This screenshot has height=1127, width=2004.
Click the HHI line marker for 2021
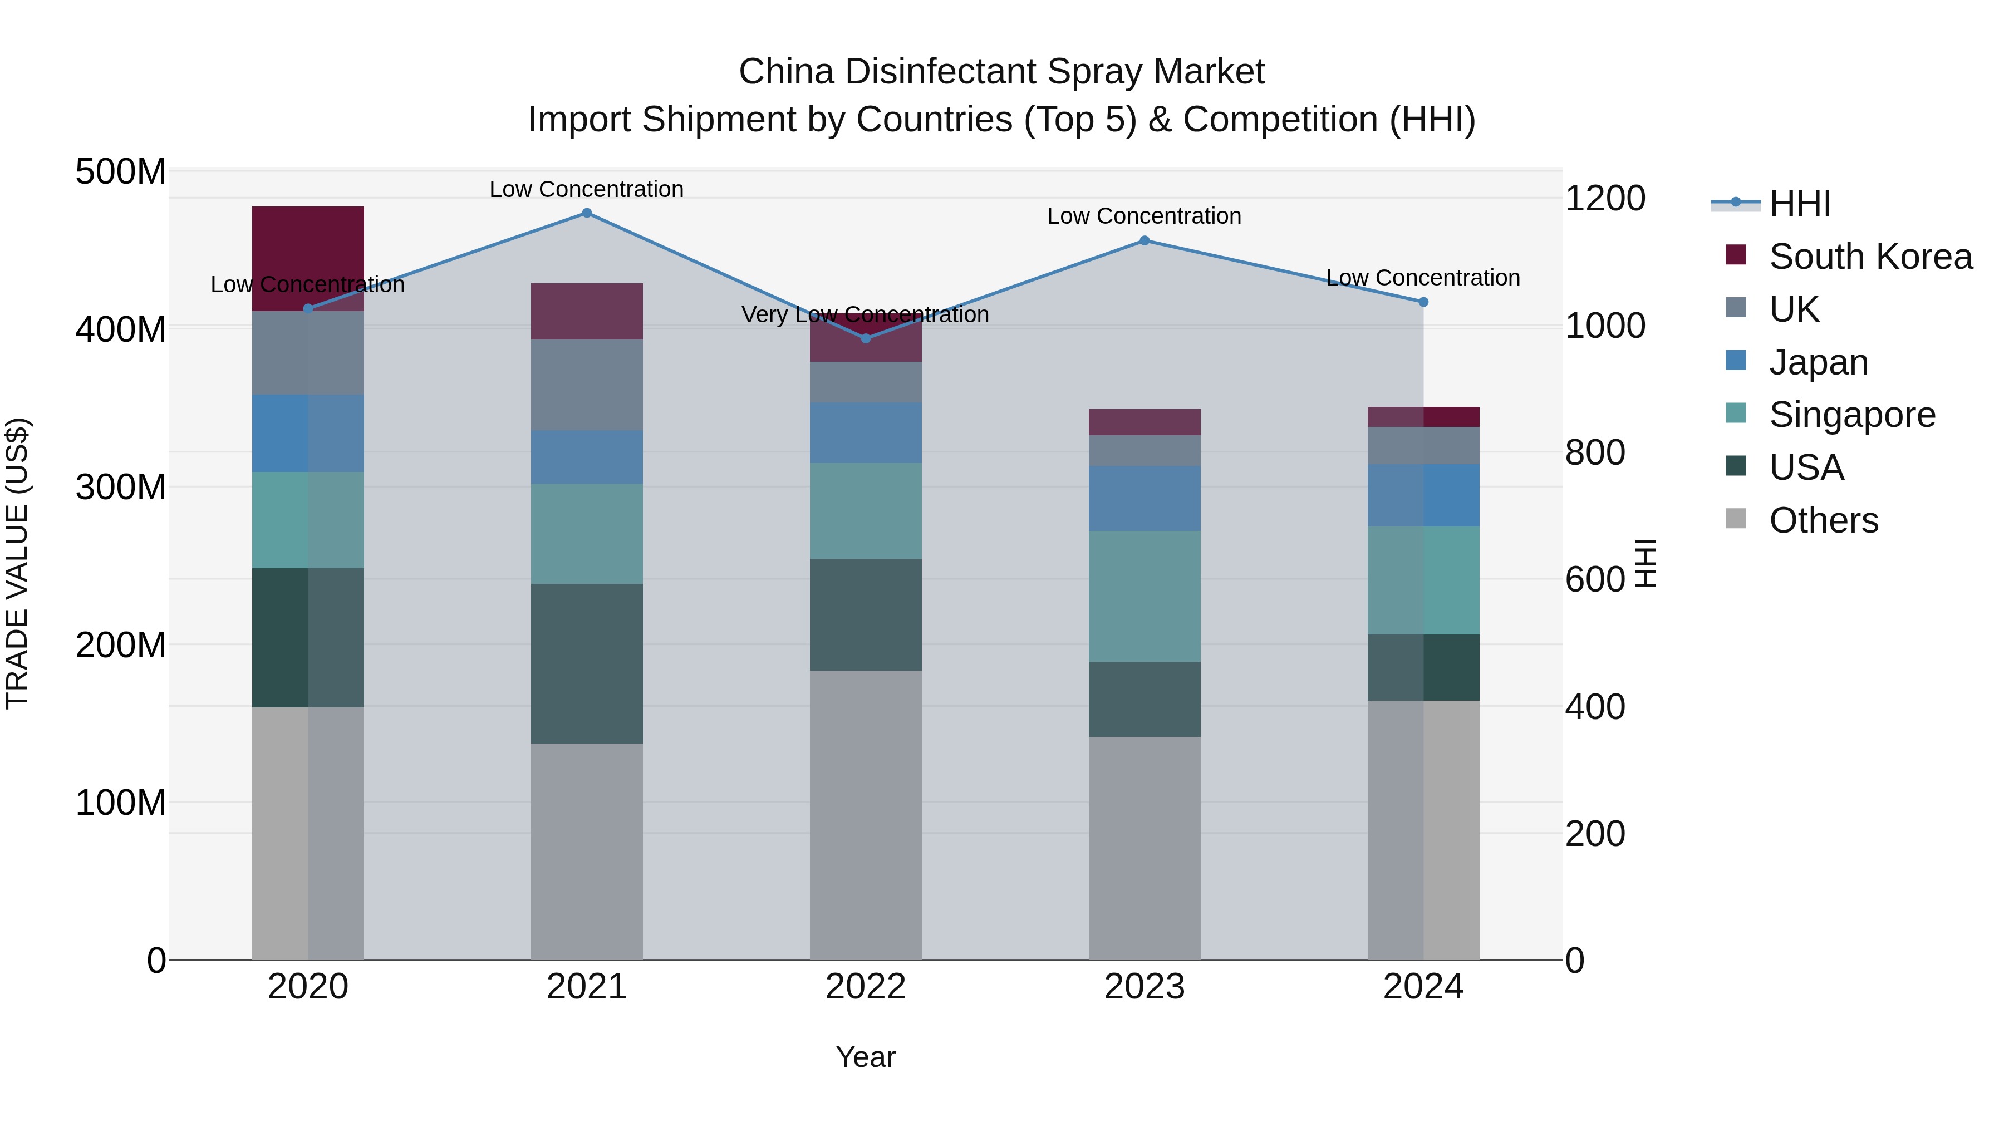(x=587, y=213)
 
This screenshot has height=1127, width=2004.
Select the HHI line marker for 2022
(x=866, y=338)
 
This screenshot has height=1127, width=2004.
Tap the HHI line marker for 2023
(x=1145, y=241)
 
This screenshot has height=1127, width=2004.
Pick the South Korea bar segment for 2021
(x=587, y=311)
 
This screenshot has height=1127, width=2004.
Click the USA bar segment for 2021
(x=587, y=663)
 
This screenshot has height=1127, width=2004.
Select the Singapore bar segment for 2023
(x=1145, y=597)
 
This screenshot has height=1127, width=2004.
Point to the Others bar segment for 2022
(x=866, y=815)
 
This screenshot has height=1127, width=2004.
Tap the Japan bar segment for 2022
(x=866, y=432)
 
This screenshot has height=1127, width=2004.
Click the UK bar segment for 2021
(x=587, y=385)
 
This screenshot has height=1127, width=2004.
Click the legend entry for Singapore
(x=1851, y=415)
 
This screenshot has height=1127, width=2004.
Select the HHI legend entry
(x=1799, y=204)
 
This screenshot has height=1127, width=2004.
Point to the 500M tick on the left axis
(x=121, y=172)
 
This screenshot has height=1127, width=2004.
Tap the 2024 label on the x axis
(x=1423, y=987)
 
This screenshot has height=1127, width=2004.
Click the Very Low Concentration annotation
(x=865, y=315)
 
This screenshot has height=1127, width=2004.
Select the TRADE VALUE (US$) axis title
(x=17, y=563)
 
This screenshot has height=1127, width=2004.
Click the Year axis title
(x=865, y=1057)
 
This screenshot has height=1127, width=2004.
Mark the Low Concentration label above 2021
(x=587, y=189)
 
